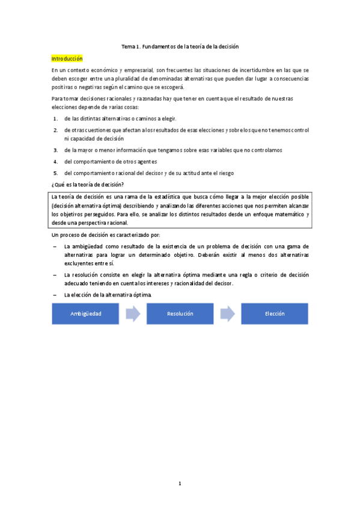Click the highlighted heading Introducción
pyautogui.click(x=67, y=59)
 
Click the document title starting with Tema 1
pyautogui.click(x=180, y=46)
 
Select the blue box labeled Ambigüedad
pyautogui.click(x=85, y=313)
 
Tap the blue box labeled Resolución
pyautogui.click(x=180, y=313)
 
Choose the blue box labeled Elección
pyautogui.click(x=274, y=313)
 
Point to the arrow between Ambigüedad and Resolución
pyautogui.click(x=133, y=313)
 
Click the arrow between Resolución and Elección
pyautogui.click(x=227, y=313)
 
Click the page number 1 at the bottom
pyautogui.click(x=180, y=482)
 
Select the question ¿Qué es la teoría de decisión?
pyautogui.click(x=88, y=184)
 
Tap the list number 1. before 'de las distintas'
pyautogui.click(x=55, y=118)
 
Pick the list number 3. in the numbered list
pyautogui.click(x=55, y=150)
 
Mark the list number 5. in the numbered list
pyautogui.click(x=55, y=173)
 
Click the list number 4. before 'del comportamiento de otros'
pyautogui.click(x=55, y=161)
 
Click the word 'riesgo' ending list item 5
pyautogui.click(x=225, y=173)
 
